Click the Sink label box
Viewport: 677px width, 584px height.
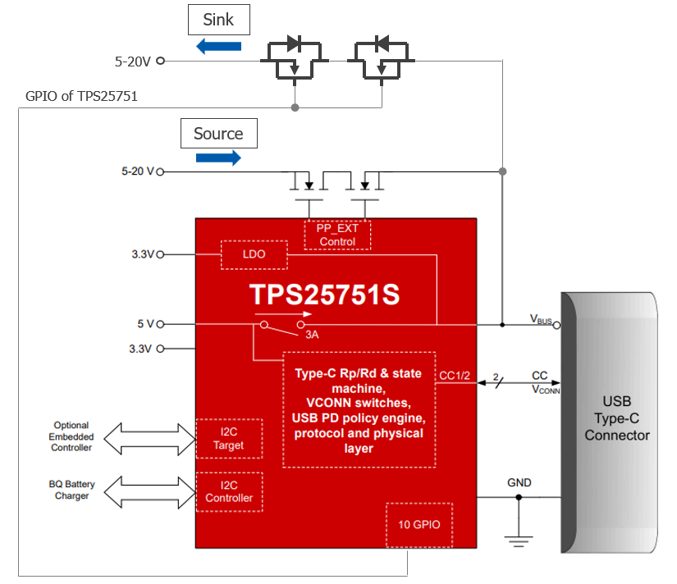219,20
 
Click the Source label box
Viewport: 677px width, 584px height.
219,134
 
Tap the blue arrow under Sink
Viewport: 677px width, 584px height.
218,46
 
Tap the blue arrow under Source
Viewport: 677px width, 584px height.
218,158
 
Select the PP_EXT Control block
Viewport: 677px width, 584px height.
337,235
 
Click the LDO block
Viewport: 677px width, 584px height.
254,254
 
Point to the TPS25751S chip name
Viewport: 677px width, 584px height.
325,294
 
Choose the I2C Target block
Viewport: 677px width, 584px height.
229,439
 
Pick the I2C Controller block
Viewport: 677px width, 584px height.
229,492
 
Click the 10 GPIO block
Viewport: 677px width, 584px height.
419,525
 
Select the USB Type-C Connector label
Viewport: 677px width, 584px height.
617,418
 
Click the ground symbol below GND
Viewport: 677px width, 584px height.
519,541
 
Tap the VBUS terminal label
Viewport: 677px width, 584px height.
541,319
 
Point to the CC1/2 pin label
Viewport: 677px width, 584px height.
455,376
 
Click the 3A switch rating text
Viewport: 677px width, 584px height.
312,335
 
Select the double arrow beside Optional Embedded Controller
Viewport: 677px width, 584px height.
149,439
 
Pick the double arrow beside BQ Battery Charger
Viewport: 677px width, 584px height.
149,492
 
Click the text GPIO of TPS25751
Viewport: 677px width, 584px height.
81,96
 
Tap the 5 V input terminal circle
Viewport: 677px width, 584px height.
160,324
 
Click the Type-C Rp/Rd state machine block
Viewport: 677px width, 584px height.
359,410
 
